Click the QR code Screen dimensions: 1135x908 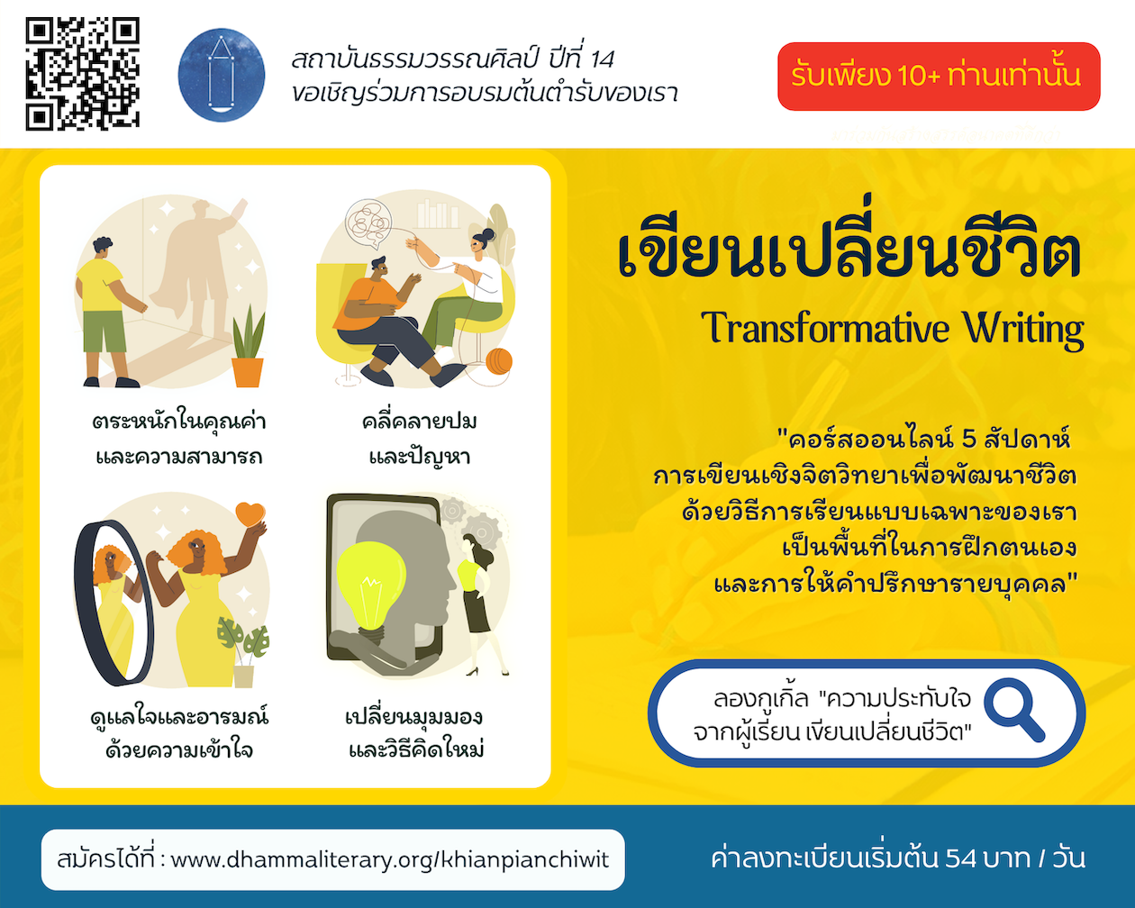[x=82, y=74]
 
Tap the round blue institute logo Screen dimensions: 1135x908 [x=222, y=75]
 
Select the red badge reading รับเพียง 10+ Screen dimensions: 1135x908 [x=939, y=77]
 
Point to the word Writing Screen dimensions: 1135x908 [x=1023, y=331]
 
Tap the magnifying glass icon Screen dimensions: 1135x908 [x=1014, y=710]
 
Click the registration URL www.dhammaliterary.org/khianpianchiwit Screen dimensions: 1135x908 [x=390, y=860]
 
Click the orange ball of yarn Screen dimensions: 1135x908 [x=498, y=361]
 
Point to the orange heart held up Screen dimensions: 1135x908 [x=250, y=513]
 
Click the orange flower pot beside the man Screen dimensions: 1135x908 [x=248, y=372]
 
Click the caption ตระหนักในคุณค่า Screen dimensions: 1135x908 [x=178, y=422]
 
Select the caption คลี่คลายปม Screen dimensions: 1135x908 [x=419, y=422]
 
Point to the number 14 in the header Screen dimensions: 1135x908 [x=603, y=59]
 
